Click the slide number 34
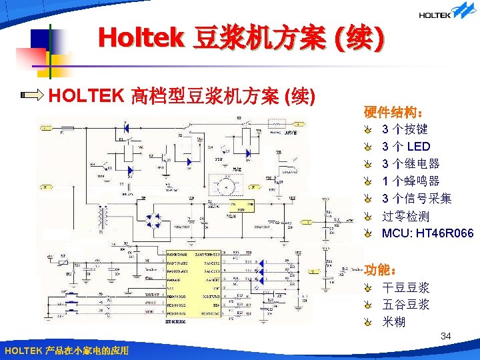tap(446, 337)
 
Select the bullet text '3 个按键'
tap(405, 129)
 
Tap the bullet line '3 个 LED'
tap(406, 146)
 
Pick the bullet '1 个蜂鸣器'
tap(411, 181)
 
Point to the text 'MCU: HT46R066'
tap(427, 233)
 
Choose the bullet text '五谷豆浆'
tap(405, 305)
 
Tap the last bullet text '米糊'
tap(393, 323)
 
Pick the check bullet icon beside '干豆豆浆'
tap(369, 289)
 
